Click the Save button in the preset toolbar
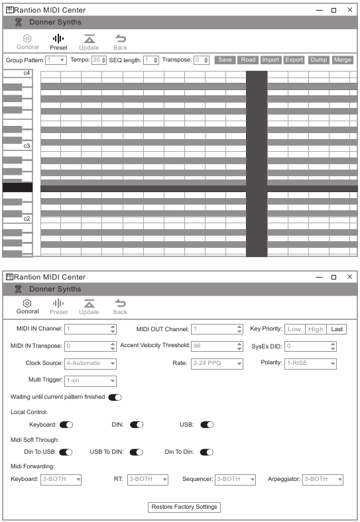(225, 60)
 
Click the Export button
(294, 60)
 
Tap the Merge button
(342, 60)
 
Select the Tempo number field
(96, 60)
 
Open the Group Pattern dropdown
(56, 60)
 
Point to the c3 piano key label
(27, 145)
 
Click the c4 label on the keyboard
(27, 72)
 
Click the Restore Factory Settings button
(184, 507)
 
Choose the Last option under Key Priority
(337, 329)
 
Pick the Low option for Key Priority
(294, 329)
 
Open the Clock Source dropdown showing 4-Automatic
(90, 363)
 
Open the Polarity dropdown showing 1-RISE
(310, 363)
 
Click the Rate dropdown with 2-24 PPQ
(217, 363)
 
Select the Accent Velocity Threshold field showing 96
(216, 346)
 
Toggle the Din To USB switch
(66, 452)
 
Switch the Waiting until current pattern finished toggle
(115, 397)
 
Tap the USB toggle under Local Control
(207, 425)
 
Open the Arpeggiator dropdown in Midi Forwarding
(323, 479)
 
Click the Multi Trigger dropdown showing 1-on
(90, 380)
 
